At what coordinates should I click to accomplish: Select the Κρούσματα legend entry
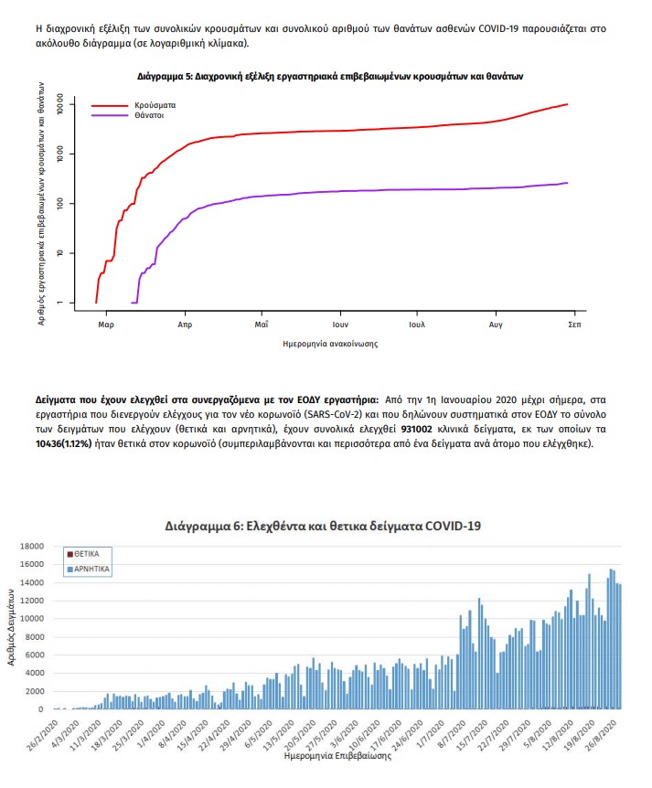point(151,106)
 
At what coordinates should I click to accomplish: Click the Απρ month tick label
point(184,324)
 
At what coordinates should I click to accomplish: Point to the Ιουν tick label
point(342,324)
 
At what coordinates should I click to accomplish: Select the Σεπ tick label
point(574,324)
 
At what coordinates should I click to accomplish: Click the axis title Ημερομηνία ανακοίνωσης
point(331,344)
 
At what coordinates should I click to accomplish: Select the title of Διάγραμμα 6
point(323,526)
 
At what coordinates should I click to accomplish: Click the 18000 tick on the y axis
point(32,547)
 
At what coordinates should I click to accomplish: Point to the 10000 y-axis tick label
point(32,619)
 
